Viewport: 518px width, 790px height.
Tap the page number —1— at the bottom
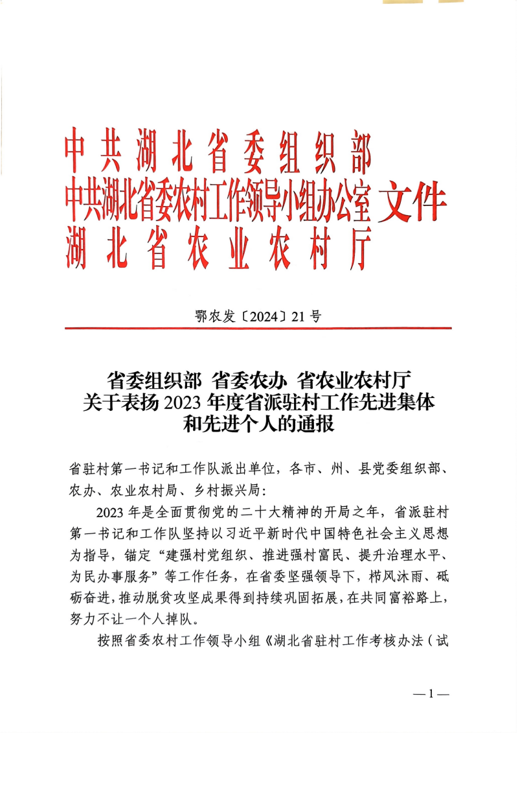(431, 693)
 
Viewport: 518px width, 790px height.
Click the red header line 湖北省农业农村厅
(218, 250)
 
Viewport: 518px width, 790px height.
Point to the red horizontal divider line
(258, 329)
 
